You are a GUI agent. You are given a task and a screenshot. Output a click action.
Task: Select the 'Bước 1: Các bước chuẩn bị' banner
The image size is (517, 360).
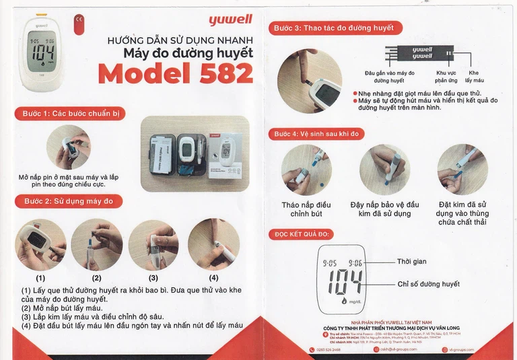[70, 114]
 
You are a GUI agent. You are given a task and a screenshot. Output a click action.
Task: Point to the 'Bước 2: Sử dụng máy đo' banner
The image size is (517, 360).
[69, 201]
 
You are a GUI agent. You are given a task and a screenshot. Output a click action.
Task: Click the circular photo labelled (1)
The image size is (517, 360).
[40, 244]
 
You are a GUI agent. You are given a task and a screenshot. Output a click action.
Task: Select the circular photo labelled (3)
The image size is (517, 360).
[153, 244]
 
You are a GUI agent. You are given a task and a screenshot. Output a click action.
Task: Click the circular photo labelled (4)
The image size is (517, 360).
[213, 244]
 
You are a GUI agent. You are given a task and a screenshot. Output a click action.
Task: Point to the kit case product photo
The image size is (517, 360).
[195, 153]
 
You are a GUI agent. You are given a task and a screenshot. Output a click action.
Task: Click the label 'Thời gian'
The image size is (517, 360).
[411, 262]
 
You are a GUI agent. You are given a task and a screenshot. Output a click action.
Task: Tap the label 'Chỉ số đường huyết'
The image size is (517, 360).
[428, 284]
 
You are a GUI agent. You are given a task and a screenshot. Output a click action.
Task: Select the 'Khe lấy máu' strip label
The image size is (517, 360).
[474, 77]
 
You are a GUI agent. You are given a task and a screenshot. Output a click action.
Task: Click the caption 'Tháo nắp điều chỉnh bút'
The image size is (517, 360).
[306, 209]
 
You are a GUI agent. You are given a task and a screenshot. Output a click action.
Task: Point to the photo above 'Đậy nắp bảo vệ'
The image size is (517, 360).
[384, 170]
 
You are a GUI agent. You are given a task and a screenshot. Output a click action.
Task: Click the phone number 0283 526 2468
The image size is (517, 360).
[329, 350]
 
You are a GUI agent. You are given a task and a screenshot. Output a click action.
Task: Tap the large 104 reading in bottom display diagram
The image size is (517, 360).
[345, 283]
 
